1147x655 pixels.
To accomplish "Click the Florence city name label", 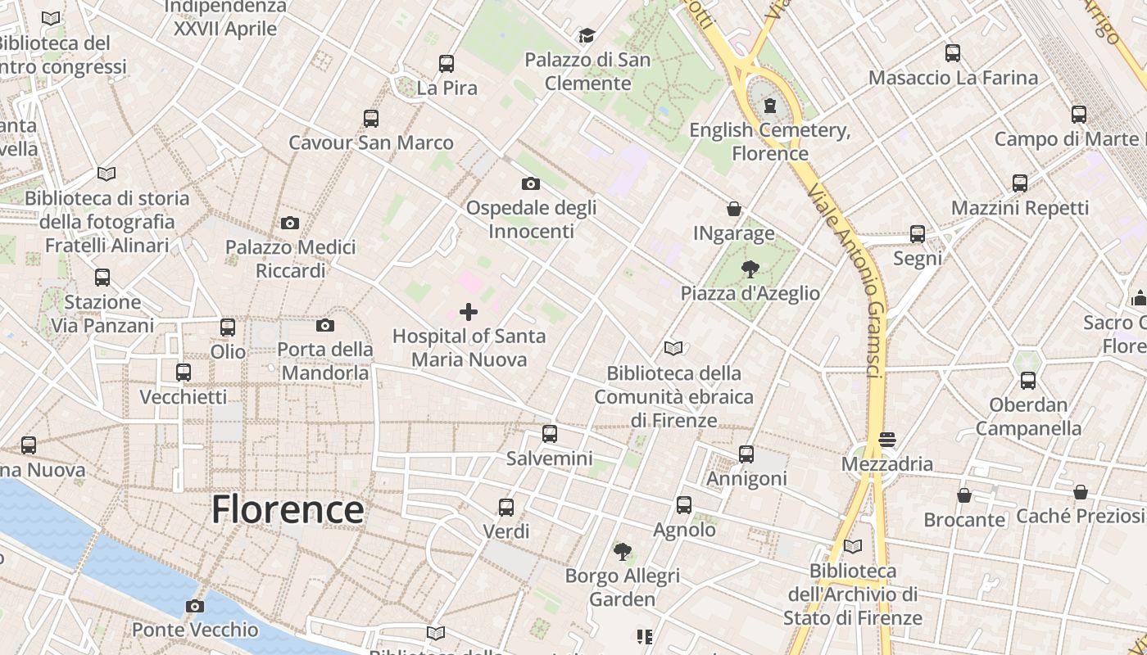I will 288,509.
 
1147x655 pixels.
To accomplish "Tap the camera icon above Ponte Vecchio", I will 194,607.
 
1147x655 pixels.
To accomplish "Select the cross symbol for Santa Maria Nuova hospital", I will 469,312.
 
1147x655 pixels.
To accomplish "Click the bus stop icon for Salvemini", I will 550,434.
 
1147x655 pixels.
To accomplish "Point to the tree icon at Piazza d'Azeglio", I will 750,269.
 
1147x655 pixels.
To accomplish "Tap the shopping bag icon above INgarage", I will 734,210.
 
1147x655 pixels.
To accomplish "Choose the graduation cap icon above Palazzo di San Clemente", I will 587,35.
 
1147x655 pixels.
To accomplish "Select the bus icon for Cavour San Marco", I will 371,119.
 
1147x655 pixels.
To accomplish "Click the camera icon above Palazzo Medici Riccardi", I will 289,223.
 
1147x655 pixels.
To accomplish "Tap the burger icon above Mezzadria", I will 886,440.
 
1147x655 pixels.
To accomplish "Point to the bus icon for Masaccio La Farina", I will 953,54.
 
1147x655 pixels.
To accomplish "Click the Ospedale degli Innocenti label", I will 531,219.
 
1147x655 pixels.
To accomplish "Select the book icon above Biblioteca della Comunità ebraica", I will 673,349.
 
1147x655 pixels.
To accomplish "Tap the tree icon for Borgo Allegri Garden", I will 623,551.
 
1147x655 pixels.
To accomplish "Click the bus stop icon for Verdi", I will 506,508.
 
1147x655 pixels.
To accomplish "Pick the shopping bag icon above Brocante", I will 964,495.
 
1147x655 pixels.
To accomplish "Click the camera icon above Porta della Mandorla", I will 324,326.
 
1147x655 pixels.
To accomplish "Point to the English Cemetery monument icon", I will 769,106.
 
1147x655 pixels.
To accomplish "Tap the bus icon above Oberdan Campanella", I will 1028,381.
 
